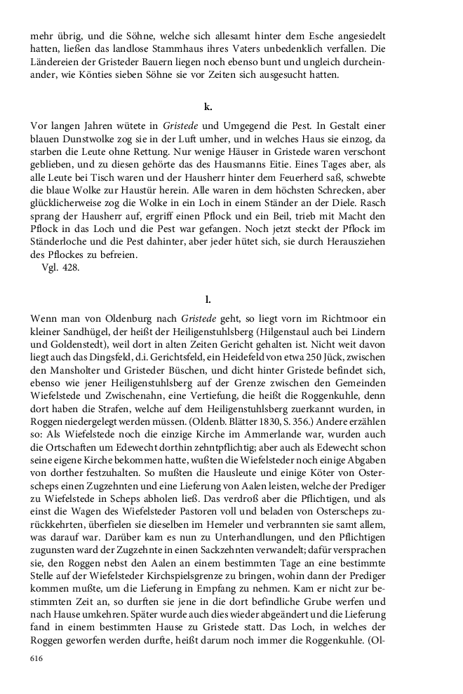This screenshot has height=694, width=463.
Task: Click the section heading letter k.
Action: coord(208,107)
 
